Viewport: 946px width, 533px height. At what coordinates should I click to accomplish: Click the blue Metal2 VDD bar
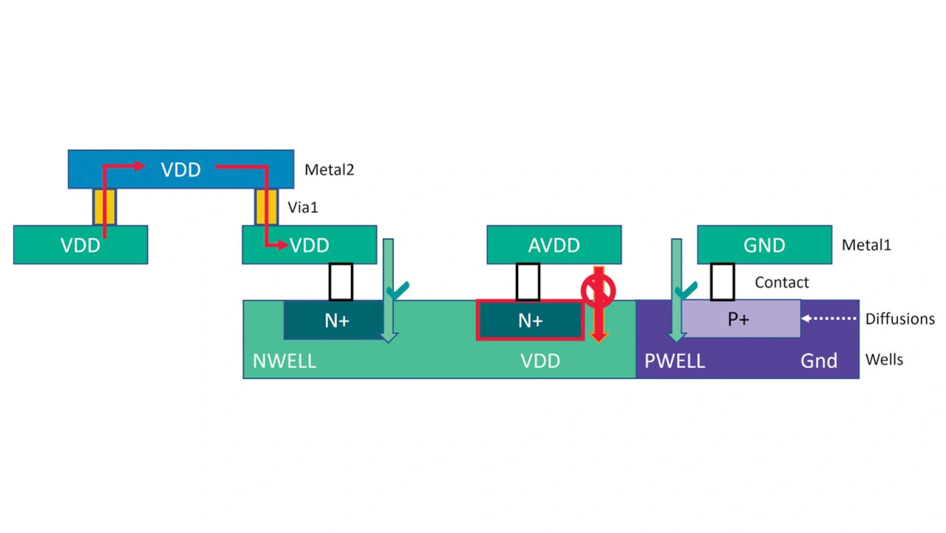181,169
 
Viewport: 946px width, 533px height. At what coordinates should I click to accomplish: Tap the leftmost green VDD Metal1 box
81,245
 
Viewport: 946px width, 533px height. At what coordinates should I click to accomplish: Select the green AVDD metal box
554,245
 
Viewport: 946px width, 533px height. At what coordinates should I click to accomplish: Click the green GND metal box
764,245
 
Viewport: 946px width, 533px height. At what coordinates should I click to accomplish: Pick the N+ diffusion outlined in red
530,320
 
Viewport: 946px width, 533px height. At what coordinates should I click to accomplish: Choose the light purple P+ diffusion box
740,319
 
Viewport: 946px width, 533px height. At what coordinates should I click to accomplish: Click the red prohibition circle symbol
598,291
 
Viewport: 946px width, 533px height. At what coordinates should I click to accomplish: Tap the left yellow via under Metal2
105,207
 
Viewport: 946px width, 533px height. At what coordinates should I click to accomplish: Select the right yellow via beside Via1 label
266,207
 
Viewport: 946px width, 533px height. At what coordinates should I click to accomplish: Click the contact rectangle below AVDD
528,282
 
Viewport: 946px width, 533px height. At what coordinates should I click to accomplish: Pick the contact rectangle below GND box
722,282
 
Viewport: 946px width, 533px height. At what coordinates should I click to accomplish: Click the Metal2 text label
329,170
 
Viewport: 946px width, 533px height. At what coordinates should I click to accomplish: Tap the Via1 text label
302,208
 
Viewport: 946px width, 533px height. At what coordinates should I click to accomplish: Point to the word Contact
782,282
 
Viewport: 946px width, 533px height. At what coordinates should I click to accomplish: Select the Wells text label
885,360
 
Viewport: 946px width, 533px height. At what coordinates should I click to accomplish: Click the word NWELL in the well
285,361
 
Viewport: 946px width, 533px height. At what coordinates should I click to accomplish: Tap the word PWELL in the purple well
675,361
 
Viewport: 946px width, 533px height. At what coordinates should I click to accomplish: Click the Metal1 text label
866,245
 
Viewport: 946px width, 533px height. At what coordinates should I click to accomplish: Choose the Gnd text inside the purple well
819,361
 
